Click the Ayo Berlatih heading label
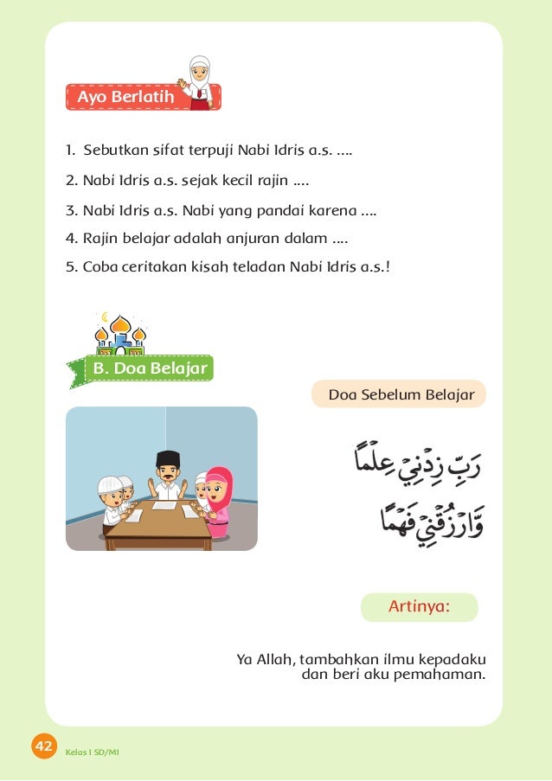125,97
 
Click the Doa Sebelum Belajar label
401,394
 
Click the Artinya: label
419,606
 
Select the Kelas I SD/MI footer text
92,751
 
